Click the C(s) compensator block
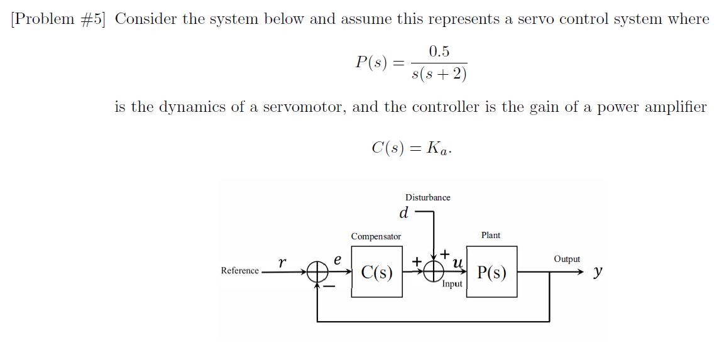point(376,272)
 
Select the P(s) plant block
point(491,272)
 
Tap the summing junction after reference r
point(318,272)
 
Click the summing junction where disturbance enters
point(434,271)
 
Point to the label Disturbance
point(427,197)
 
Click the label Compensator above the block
point(376,236)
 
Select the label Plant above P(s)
point(491,235)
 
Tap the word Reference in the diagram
point(239,271)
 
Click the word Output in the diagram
point(567,259)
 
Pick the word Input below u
point(452,284)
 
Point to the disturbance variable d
point(404,213)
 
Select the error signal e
point(337,259)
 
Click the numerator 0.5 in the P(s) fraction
point(439,52)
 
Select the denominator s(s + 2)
point(439,75)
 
